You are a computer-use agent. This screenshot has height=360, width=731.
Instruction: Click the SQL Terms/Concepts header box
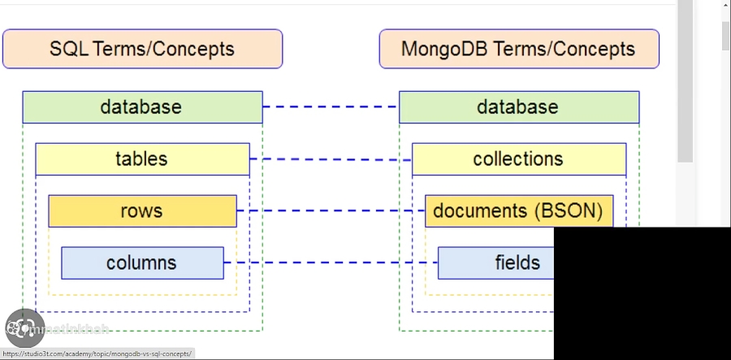pyautogui.click(x=142, y=49)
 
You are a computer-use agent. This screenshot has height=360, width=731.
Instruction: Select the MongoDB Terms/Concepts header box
pyautogui.click(x=518, y=49)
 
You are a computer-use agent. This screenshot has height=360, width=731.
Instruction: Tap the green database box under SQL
pyautogui.click(x=142, y=107)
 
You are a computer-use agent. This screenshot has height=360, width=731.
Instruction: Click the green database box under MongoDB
pyautogui.click(x=518, y=107)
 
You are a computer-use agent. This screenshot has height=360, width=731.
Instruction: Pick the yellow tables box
pyautogui.click(x=142, y=159)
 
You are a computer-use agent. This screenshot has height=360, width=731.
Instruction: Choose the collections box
pyautogui.click(x=518, y=159)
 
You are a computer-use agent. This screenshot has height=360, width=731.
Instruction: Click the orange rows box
pyautogui.click(x=142, y=211)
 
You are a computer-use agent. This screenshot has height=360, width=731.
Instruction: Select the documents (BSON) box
pyautogui.click(x=518, y=211)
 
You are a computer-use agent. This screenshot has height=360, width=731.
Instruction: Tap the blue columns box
pyautogui.click(x=142, y=263)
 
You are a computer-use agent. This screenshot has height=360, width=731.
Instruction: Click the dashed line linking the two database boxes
pyautogui.click(x=331, y=106)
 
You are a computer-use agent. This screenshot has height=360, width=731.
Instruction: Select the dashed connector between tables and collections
pyautogui.click(x=331, y=159)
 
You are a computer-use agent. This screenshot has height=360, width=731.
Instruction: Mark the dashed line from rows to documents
pyautogui.click(x=331, y=210)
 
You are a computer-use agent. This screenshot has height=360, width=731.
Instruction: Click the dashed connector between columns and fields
pyautogui.click(x=331, y=262)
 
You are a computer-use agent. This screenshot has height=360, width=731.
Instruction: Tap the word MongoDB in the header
pyautogui.click(x=443, y=49)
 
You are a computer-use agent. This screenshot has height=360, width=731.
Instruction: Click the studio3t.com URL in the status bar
pyautogui.click(x=97, y=354)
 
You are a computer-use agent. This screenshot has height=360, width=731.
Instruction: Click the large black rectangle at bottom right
pyautogui.click(x=642, y=293)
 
